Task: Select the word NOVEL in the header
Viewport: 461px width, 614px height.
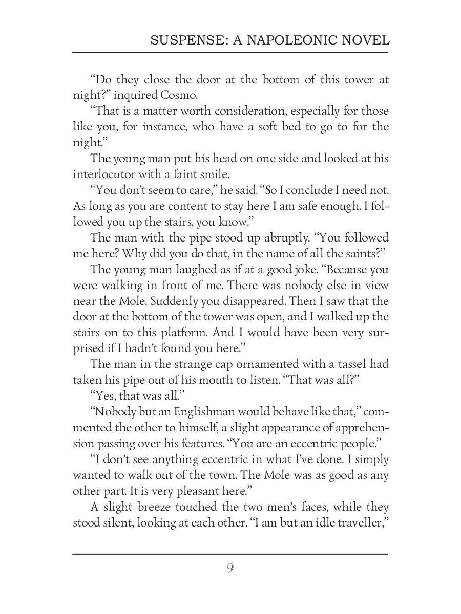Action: coord(365,40)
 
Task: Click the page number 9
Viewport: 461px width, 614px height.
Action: coord(230,567)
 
